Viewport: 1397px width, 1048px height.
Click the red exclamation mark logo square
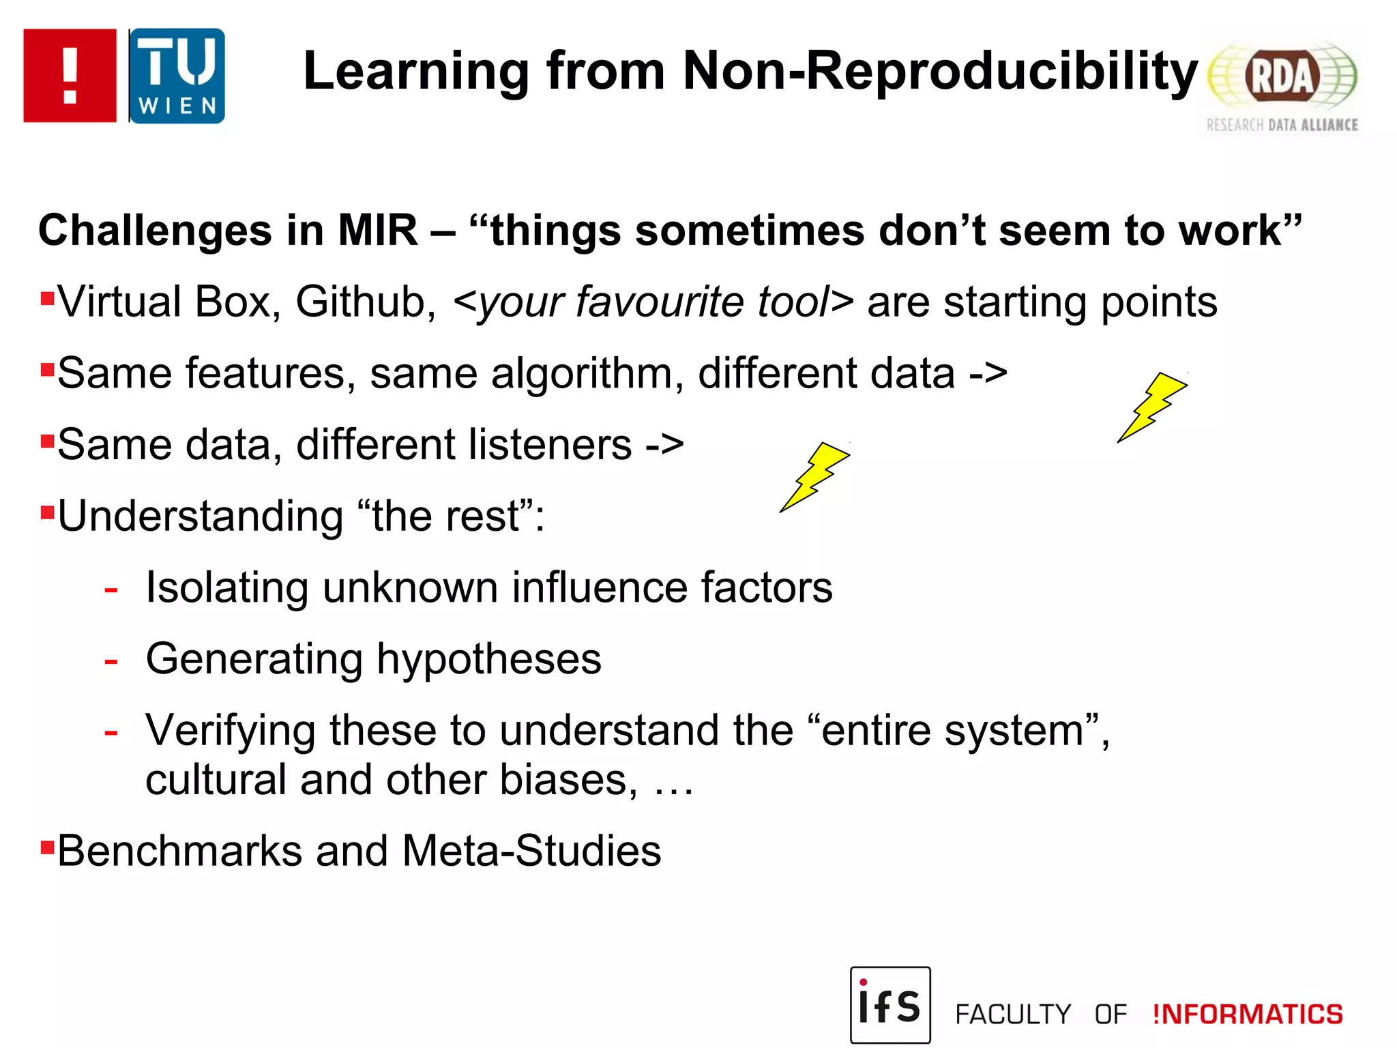pos(70,76)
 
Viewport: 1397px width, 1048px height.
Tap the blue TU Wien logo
pos(177,76)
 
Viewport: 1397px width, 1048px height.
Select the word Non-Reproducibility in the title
pos(940,71)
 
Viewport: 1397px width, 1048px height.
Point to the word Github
pos(366,302)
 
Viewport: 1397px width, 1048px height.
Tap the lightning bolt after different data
pos(1152,407)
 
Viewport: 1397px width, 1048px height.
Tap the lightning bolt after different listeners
pos(814,476)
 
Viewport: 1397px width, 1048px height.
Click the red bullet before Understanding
pos(47,512)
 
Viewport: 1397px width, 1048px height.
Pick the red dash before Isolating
pos(111,589)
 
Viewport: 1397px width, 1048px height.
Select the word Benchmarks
pos(179,851)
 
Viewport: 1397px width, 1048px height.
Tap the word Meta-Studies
pos(531,851)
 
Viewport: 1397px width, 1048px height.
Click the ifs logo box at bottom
pos(889,1004)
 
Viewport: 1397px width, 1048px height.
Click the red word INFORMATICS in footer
pos(1247,1015)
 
